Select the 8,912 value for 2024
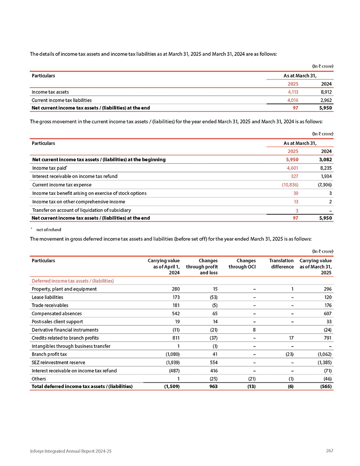(x=325, y=92)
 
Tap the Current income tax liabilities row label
(x=59, y=100)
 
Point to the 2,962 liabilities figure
(x=325, y=100)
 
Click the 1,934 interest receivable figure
(x=325, y=176)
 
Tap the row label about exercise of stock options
(x=89, y=193)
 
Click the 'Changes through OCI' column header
(x=243, y=264)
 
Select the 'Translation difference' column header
(x=281, y=264)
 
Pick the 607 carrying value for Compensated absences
(x=327, y=313)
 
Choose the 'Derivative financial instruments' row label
(x=65, y=330)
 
